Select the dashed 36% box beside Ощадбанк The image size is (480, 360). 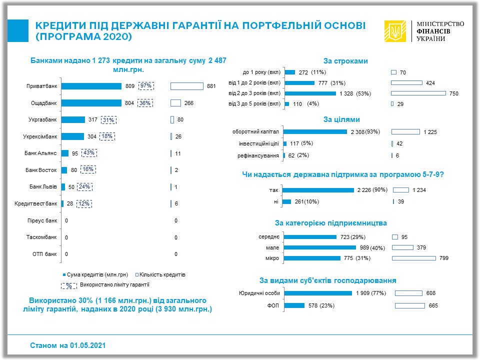tap(146, 103)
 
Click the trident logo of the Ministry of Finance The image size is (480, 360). tap(395, 31)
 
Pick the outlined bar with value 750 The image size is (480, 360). tap(418, 93)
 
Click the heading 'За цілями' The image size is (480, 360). tap(341, 119)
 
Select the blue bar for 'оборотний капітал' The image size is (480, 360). tap(315, 132)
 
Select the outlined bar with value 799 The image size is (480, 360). tap(413, 258)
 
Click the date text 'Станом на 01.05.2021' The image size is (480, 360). tap(68, 345)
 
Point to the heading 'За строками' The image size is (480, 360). tap(345, 61)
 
